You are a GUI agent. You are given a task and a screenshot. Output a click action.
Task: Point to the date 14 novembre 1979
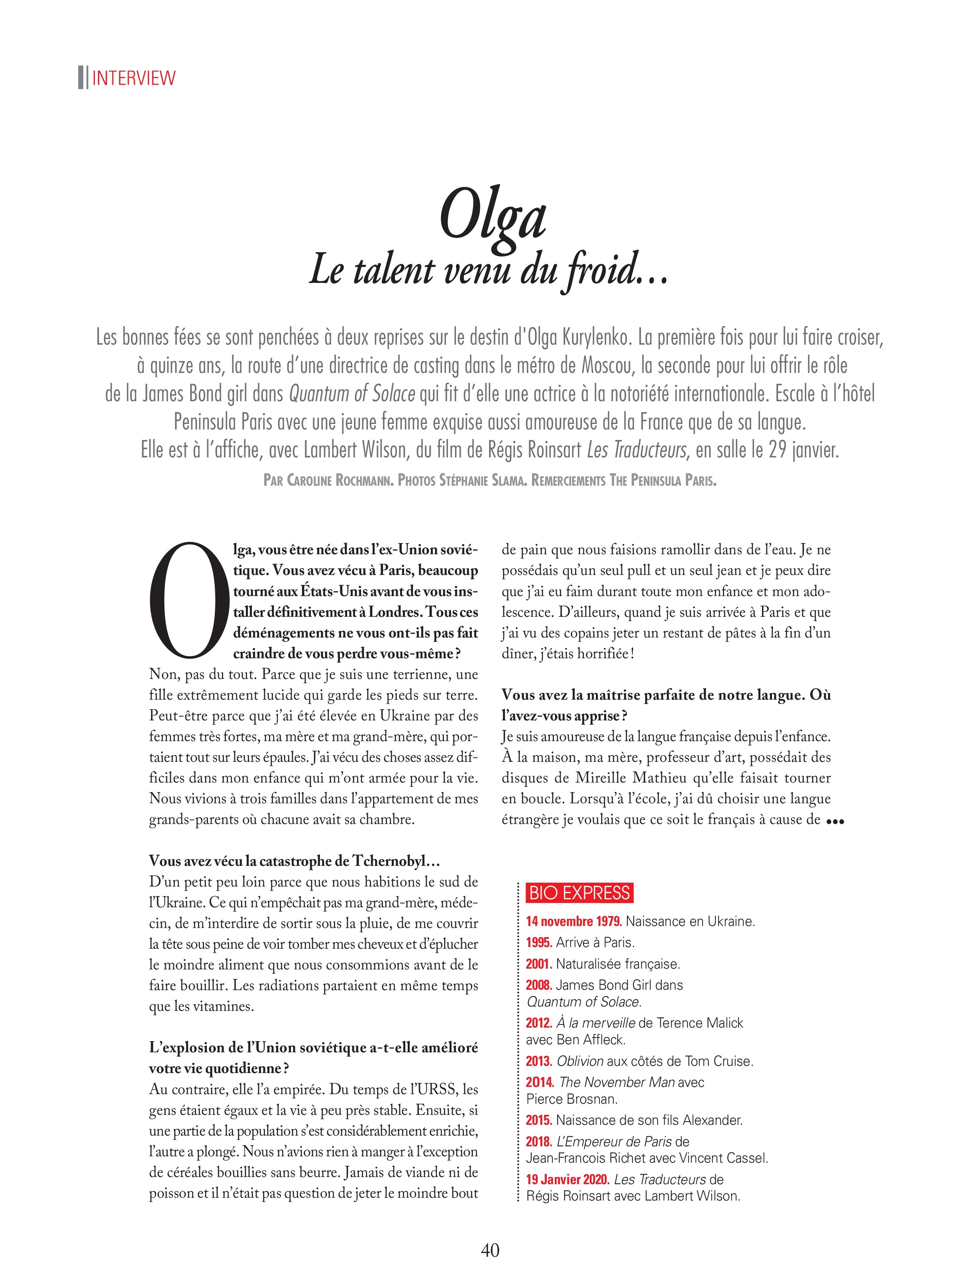[x=574, y=921]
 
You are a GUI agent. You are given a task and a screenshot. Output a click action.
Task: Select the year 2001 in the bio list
[x=538, y=964]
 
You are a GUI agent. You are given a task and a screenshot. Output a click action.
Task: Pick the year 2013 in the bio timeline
[x=538, y=1061]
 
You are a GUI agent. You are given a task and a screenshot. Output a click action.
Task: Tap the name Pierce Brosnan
[x=571, y=1099]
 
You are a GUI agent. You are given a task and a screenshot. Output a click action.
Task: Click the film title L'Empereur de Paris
[x=614, y=1141]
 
